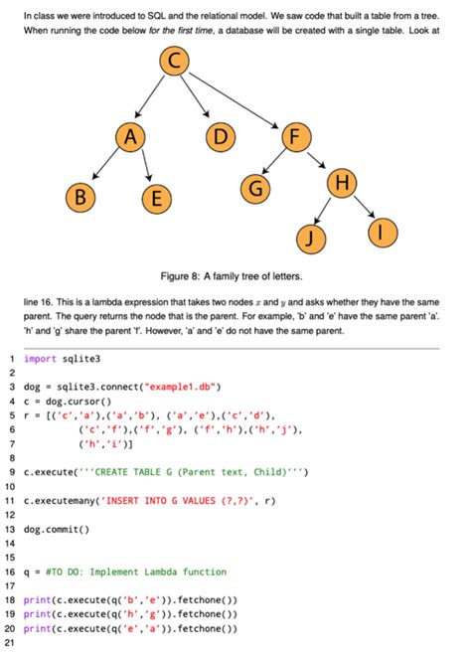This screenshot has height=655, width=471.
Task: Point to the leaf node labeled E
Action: pos(153,199)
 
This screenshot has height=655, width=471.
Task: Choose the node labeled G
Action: pos(256,186)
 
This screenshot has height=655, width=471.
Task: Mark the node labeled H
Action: pos(342,182)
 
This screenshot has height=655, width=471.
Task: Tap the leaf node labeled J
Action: pos(312,237)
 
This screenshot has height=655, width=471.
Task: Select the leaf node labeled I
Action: pos(383,232)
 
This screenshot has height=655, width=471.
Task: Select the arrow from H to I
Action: pos(363,208)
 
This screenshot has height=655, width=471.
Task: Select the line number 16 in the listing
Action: pos(9,573)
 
